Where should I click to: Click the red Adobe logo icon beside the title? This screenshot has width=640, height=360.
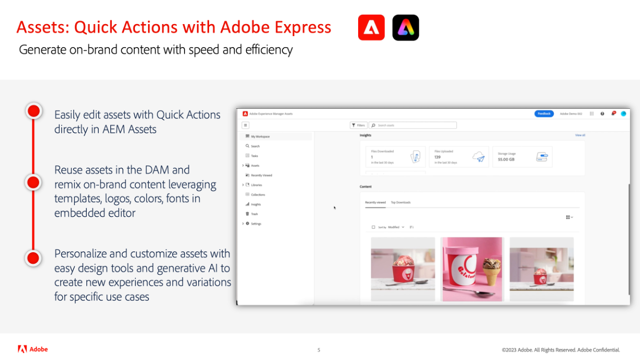(371, 28)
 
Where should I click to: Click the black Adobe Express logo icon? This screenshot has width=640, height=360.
(406, 28)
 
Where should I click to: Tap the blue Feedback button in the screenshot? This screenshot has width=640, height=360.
(544, 114)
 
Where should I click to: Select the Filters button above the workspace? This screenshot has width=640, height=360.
(359, 126)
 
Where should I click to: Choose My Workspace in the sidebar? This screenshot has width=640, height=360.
(260, 137)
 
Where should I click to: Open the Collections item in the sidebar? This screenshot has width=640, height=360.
(258, 195)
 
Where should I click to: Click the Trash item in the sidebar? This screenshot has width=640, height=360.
(254, 214)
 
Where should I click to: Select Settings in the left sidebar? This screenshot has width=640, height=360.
(256, 224)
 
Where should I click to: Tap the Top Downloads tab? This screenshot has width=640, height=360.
(401, 203)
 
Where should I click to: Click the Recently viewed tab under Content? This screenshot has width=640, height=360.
(375, 203)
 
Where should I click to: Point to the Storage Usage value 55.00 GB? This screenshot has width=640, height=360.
(506, 159)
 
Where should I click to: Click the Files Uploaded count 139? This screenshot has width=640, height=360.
(438, 157)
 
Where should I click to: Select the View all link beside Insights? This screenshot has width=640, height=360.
(580, 136)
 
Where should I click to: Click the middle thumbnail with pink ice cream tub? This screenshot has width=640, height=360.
(472, 269)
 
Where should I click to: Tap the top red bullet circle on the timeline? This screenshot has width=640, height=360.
(33, 111)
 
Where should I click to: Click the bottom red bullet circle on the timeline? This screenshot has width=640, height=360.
(33, 258)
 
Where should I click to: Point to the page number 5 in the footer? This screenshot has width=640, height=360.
(318, 350)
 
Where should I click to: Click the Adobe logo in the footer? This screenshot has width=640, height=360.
(32, 349)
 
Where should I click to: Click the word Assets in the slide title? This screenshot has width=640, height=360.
(41, 27)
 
